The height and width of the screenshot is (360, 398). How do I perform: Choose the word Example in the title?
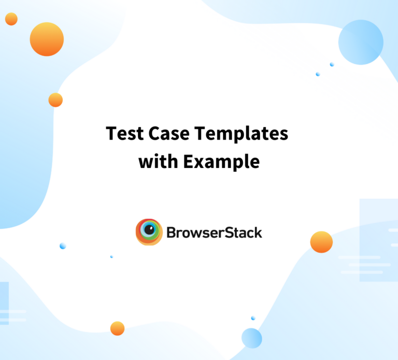[x=221, y=162]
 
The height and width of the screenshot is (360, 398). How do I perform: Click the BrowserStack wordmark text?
[x=214, y=232]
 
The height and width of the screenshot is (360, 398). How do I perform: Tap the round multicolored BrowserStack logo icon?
[x=149, y=232]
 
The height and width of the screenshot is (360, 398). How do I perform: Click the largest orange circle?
[x=47, y=39]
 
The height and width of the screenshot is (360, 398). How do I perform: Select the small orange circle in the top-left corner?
[x=11, y=19]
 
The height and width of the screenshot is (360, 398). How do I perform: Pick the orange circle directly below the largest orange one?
[x=55, y=100]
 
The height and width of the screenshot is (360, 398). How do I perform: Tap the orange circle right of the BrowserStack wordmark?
[x=321, y=242]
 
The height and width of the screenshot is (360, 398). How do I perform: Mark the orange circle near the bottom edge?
[x=118, y=328]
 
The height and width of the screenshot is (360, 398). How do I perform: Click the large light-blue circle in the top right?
[x=361, y=42]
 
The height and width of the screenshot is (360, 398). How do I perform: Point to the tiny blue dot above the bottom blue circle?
[x=253, y=318]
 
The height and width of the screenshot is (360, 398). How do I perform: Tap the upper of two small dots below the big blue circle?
[x=332, y=64]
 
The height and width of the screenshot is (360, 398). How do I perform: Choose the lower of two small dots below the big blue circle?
[x=318, y=74]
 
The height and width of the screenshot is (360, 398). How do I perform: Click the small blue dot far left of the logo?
[x=63, y=245]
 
